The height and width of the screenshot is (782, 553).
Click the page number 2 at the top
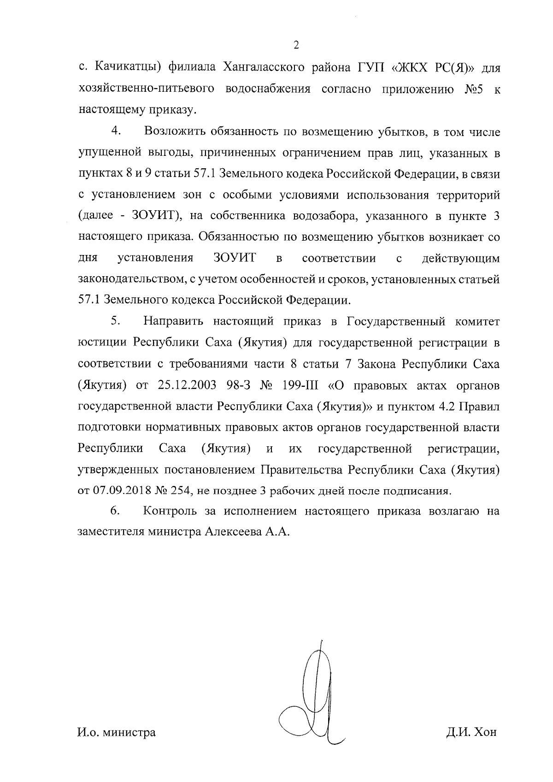tap(296, 45)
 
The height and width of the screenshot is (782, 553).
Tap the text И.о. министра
tap(116, 732)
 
